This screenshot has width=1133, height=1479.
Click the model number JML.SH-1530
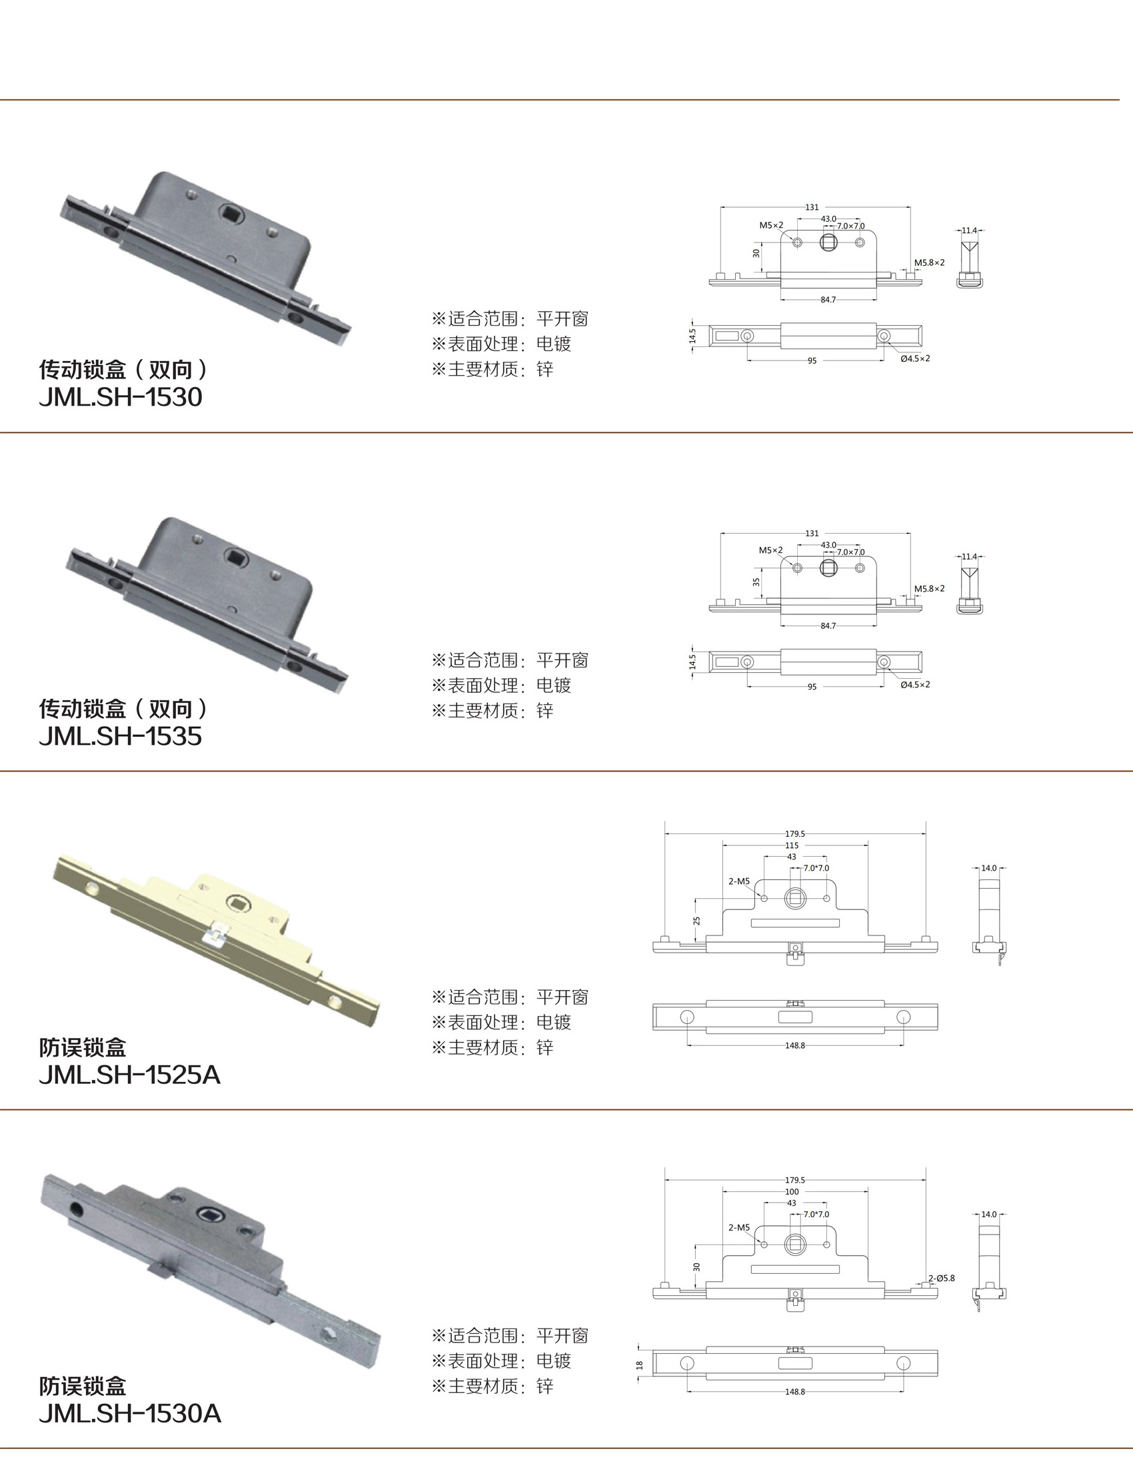click(121, 397)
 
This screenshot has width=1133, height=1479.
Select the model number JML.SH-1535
click(121, 736)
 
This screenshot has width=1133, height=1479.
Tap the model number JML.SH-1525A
click(129, 1075)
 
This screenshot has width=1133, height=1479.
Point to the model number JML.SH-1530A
click(130, 1414)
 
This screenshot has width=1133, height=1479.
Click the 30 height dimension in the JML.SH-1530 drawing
click(756, 253)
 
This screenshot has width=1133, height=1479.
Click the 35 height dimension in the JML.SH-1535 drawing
click(756, 581)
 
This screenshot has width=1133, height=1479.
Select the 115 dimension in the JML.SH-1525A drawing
click(792, 845)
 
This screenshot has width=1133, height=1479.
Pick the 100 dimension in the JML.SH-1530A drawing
click(792, 1192)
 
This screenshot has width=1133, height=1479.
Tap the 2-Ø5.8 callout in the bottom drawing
click(942, 1278)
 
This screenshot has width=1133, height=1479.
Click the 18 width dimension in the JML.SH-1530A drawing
click(639, 1365)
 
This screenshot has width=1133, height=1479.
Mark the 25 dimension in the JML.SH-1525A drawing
click(696, 920)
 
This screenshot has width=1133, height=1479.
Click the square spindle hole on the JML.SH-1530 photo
click(229, 215)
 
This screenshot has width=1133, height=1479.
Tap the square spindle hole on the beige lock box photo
click(237, 901)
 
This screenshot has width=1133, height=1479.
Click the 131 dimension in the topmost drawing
click(812, 208)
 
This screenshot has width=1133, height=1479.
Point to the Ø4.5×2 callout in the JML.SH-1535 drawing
click(915, 684)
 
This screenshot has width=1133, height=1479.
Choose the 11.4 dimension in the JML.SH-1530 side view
click(969, 231)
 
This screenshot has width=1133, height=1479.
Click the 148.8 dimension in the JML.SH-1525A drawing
click(795, 1045)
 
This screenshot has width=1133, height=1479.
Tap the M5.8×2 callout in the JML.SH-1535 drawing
click(929, 588)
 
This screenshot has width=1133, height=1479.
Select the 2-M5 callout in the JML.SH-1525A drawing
click(739, 881)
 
